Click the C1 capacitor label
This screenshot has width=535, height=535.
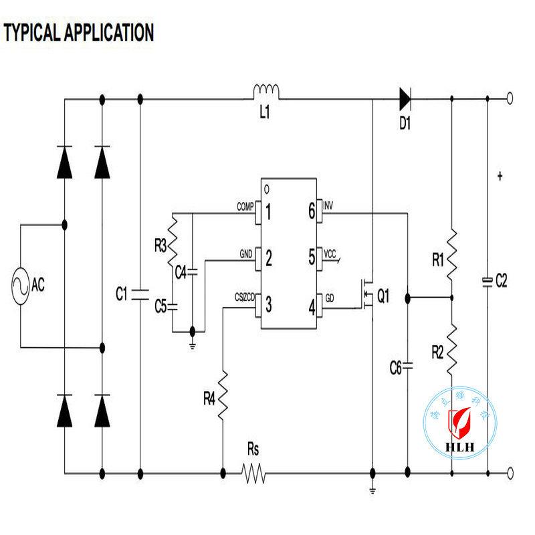(121, 292)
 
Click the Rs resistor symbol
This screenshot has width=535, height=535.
(253, 474)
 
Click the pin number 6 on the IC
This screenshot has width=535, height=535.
(311, 211)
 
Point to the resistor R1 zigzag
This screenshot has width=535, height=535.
(452, 252)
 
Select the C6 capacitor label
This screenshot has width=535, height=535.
(396, 366)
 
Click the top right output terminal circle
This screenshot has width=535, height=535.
(510, 99)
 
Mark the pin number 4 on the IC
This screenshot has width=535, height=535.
(311, 306)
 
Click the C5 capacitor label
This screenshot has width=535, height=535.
(160, 306)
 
